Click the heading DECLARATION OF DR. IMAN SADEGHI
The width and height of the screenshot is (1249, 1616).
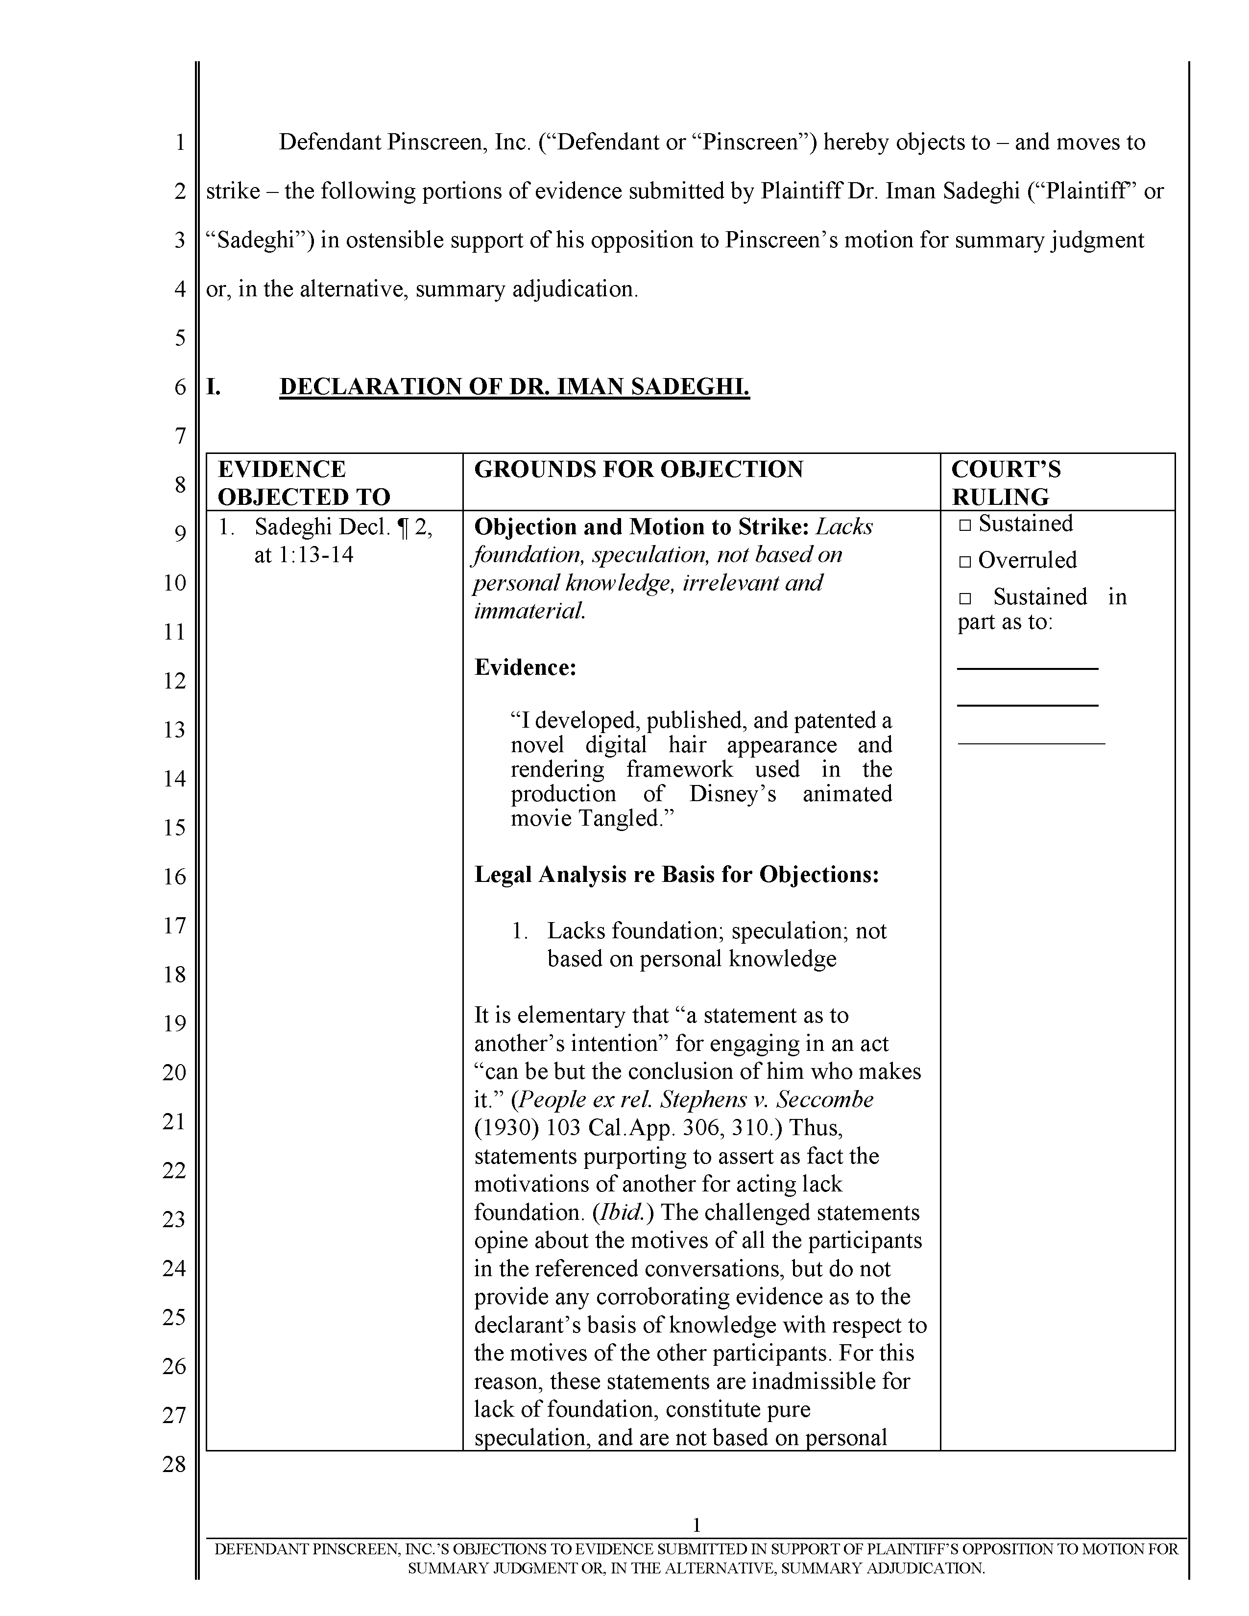pyautogui.click(x=514, y=387)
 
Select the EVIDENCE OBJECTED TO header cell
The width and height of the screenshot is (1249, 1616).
pyautogui.click(x=303, y=482)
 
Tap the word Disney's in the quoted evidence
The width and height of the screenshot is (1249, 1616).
pyautogui.click(x=733, y=794)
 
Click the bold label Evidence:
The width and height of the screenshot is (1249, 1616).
pyautogui.click(x=525, y=667)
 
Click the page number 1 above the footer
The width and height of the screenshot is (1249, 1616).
pyautogui.click(x=697, y=1524)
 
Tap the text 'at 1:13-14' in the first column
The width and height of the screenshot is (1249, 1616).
pyautogui.click(x=303, y=554)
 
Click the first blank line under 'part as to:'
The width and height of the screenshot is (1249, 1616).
pyautogui.click(x=1027, y=668)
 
